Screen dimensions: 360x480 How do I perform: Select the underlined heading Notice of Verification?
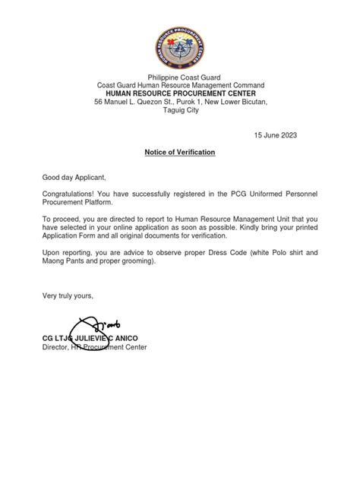coord(180,152)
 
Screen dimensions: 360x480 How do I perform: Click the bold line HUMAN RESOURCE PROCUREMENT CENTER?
coord(180,93)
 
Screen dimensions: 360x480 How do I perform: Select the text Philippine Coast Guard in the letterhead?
coord(180,77)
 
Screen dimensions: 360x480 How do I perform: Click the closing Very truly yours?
coord(67,295)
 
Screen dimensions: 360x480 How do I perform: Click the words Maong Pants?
coord(64,261)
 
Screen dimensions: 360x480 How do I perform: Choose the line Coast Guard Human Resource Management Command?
coord(180,85)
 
